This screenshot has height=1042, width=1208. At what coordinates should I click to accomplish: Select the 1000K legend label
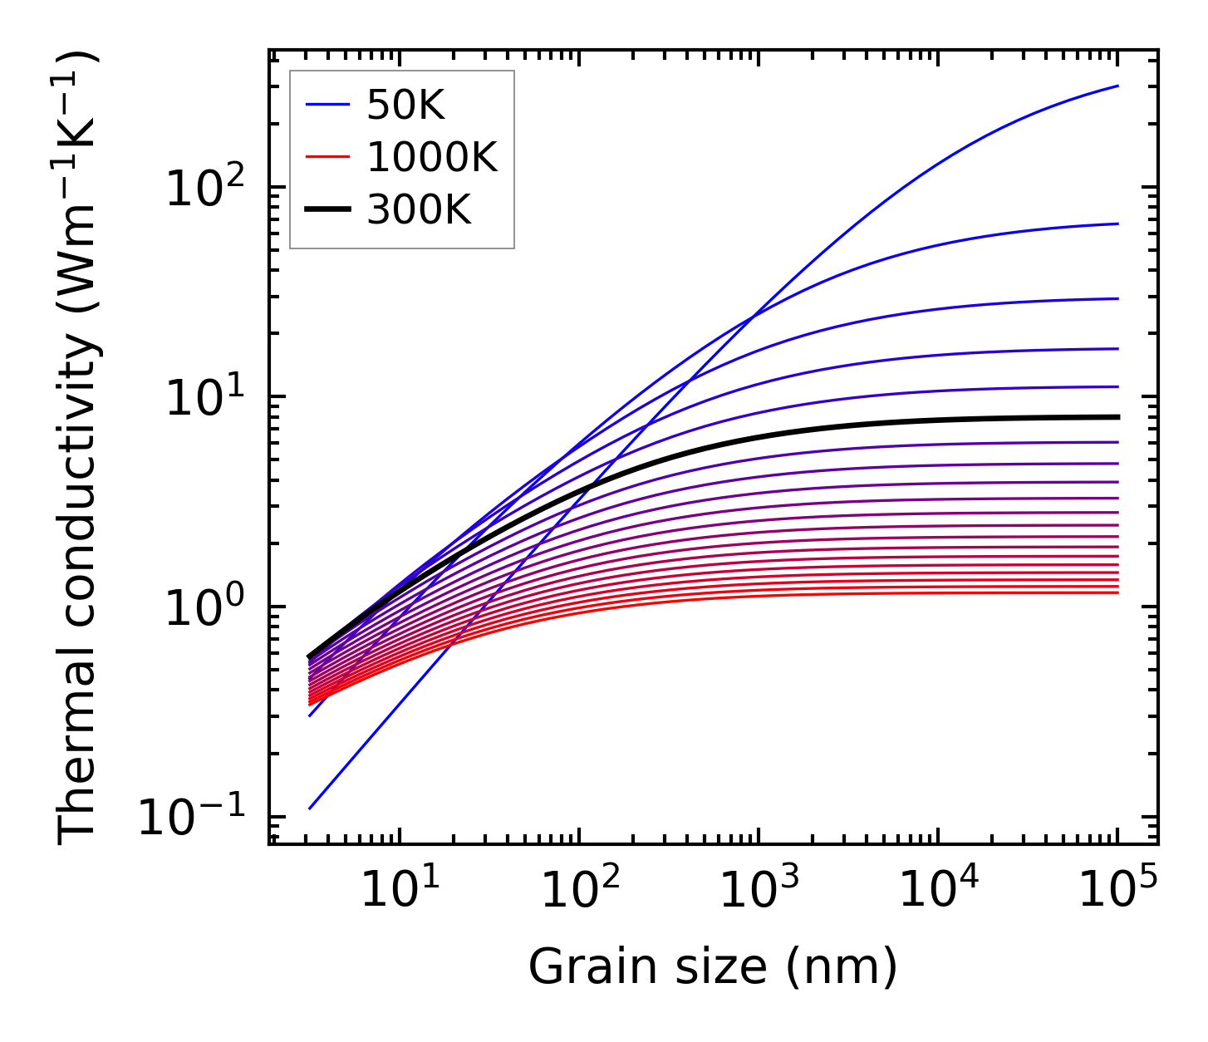pyautogui.click(x=432, y=157)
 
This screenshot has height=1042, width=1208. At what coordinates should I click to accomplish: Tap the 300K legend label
pyautogui.click(x=420, y=210)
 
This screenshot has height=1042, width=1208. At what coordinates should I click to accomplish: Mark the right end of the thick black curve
pyautogui.click(x=1118, y=417)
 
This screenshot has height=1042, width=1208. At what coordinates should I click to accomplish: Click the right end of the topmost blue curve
pyautogui.click(x=1118, y=86)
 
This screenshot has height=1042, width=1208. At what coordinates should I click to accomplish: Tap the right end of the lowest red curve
pyautogui.click(x=1118, y=592)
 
